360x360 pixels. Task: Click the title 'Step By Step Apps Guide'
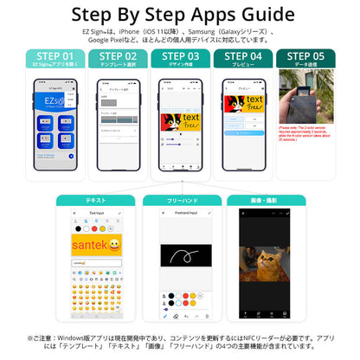180,15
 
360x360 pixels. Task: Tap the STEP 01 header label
55,57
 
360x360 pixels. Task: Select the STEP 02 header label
117,57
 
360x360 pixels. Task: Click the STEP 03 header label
180,57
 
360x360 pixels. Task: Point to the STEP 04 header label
243,57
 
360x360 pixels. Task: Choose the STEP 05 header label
305,57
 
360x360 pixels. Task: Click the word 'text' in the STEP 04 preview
254,100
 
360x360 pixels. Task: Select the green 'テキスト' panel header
96,200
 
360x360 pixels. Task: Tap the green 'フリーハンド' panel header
180,200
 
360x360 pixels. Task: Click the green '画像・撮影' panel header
264,200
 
